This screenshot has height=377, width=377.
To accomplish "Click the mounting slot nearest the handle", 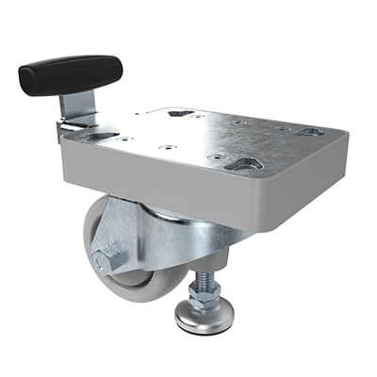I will click(x=96, y=137).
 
